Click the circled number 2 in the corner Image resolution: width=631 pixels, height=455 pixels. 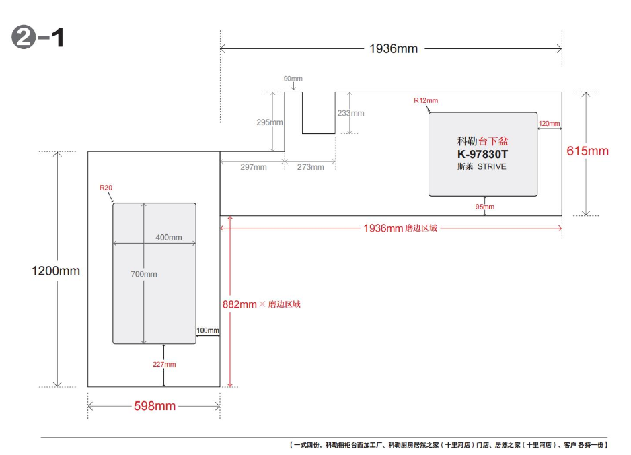[x=24, y=38]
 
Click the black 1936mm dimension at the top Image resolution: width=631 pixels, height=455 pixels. [x=394, y=48]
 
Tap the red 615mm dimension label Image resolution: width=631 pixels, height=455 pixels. [x=587, y=151]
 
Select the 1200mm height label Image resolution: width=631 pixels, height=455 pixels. [x=56, y=271]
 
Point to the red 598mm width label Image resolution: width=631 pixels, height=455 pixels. [x=155, y=405]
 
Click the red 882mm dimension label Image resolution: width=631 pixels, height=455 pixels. [x=239, y=304]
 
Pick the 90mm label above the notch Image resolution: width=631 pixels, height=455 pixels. [x=293, y=79]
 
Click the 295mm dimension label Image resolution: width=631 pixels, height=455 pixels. [x=270, y=123]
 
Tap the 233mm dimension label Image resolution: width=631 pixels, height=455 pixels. [x=351, y=113]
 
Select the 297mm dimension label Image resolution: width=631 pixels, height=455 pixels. [x=254, y=167]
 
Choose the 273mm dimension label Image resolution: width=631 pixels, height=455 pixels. [x=311, y=167]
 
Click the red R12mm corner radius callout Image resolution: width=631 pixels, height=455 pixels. [x=426, y=100]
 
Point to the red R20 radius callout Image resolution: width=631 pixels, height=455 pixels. [x=106, y=188]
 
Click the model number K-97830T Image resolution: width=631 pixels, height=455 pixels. [x=482, y=154]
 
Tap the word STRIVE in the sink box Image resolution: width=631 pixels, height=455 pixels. [x=492, y=166]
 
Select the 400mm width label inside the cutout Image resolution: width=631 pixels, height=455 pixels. [x=169, y=237]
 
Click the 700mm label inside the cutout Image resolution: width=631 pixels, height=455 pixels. [x=144, y=274]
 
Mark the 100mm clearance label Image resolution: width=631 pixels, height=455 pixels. [x=208, y=330]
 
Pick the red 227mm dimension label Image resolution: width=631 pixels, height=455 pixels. [x=164, y=364]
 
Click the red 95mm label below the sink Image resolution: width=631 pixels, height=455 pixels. [x=484, y=207]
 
